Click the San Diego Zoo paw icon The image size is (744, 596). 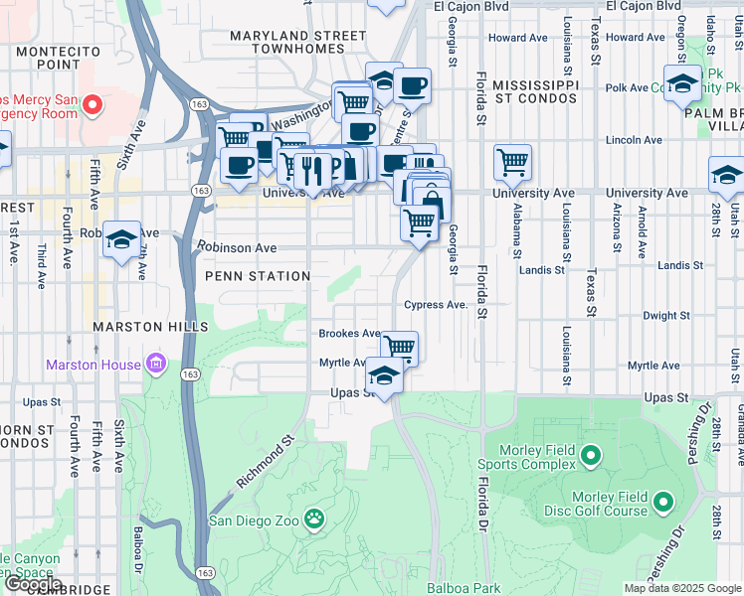pyautogui.click(x=315, y=519)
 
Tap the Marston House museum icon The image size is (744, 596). pyautogui.click(x=155, y=365)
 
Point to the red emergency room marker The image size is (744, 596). pyautogui.click(x=93, y=104)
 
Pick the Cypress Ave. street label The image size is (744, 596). pyautogui.click(x=436, y=305)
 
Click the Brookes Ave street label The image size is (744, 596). pyautogui.click(x=349, y=334)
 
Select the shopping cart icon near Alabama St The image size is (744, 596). pyautogui.click(x=512, y=160)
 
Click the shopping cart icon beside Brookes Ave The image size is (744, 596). pyautogui.click(x=399, y=347)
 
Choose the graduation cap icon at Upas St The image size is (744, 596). pyautogui.click(x=383, y=374)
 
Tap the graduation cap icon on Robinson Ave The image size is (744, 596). pyautogui.click(x=121, y=238)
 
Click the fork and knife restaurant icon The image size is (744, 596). pyautogui.click(x=313, y=168)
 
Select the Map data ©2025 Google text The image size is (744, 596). pyautogui.click(x=681, y=588)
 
